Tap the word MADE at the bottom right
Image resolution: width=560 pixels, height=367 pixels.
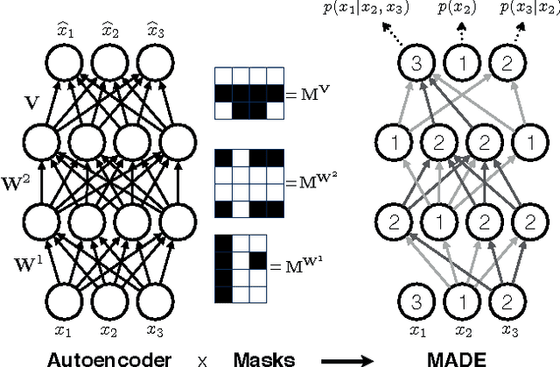point(456,356)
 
